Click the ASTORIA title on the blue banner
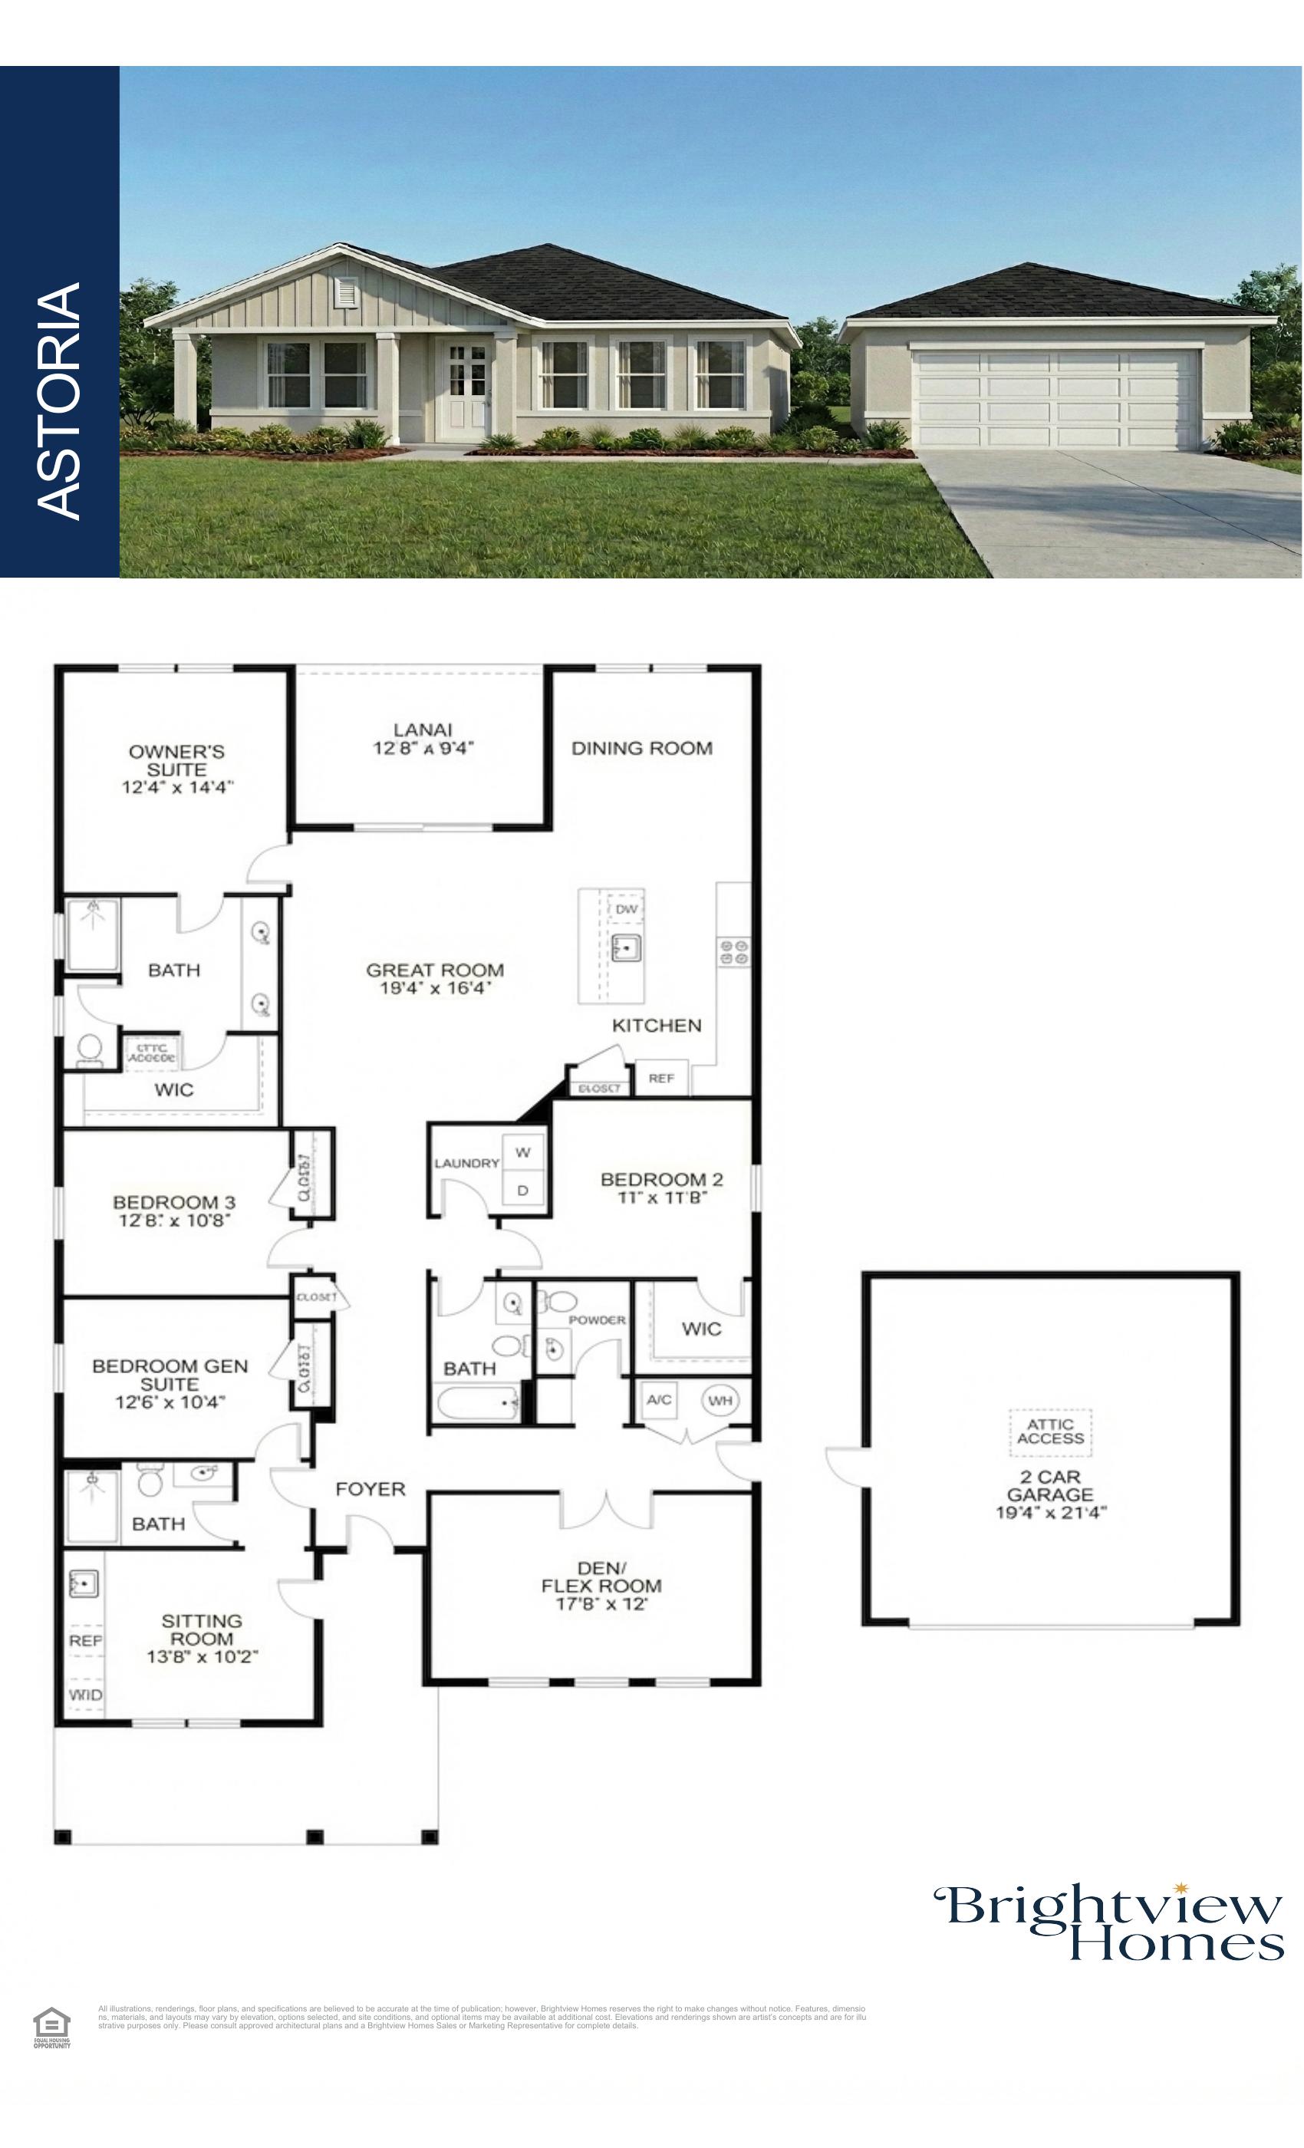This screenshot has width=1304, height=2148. coord(59,400)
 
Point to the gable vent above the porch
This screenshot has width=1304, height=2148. coord(346,293)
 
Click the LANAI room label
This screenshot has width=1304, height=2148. coord(423,730)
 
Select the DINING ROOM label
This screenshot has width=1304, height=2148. coord(641,748)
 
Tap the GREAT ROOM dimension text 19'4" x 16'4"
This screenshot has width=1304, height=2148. coord(435,988)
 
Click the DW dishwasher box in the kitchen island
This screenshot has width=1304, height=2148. coord(626,908)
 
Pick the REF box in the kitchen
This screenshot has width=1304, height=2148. coord(660,1079)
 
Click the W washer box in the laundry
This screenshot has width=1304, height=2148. coord(523,1152)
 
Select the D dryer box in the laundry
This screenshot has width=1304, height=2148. coord(523,1190)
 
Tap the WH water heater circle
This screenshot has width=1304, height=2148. coord(720,1401)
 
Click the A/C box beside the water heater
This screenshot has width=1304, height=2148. coord(659,1400)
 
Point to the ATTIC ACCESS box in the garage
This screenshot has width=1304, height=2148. coord(1049,1431)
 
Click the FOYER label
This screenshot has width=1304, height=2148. coord(370,1489)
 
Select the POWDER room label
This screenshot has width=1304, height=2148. coord(597,1319)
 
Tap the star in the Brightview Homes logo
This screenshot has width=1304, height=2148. coord(1181,1889)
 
